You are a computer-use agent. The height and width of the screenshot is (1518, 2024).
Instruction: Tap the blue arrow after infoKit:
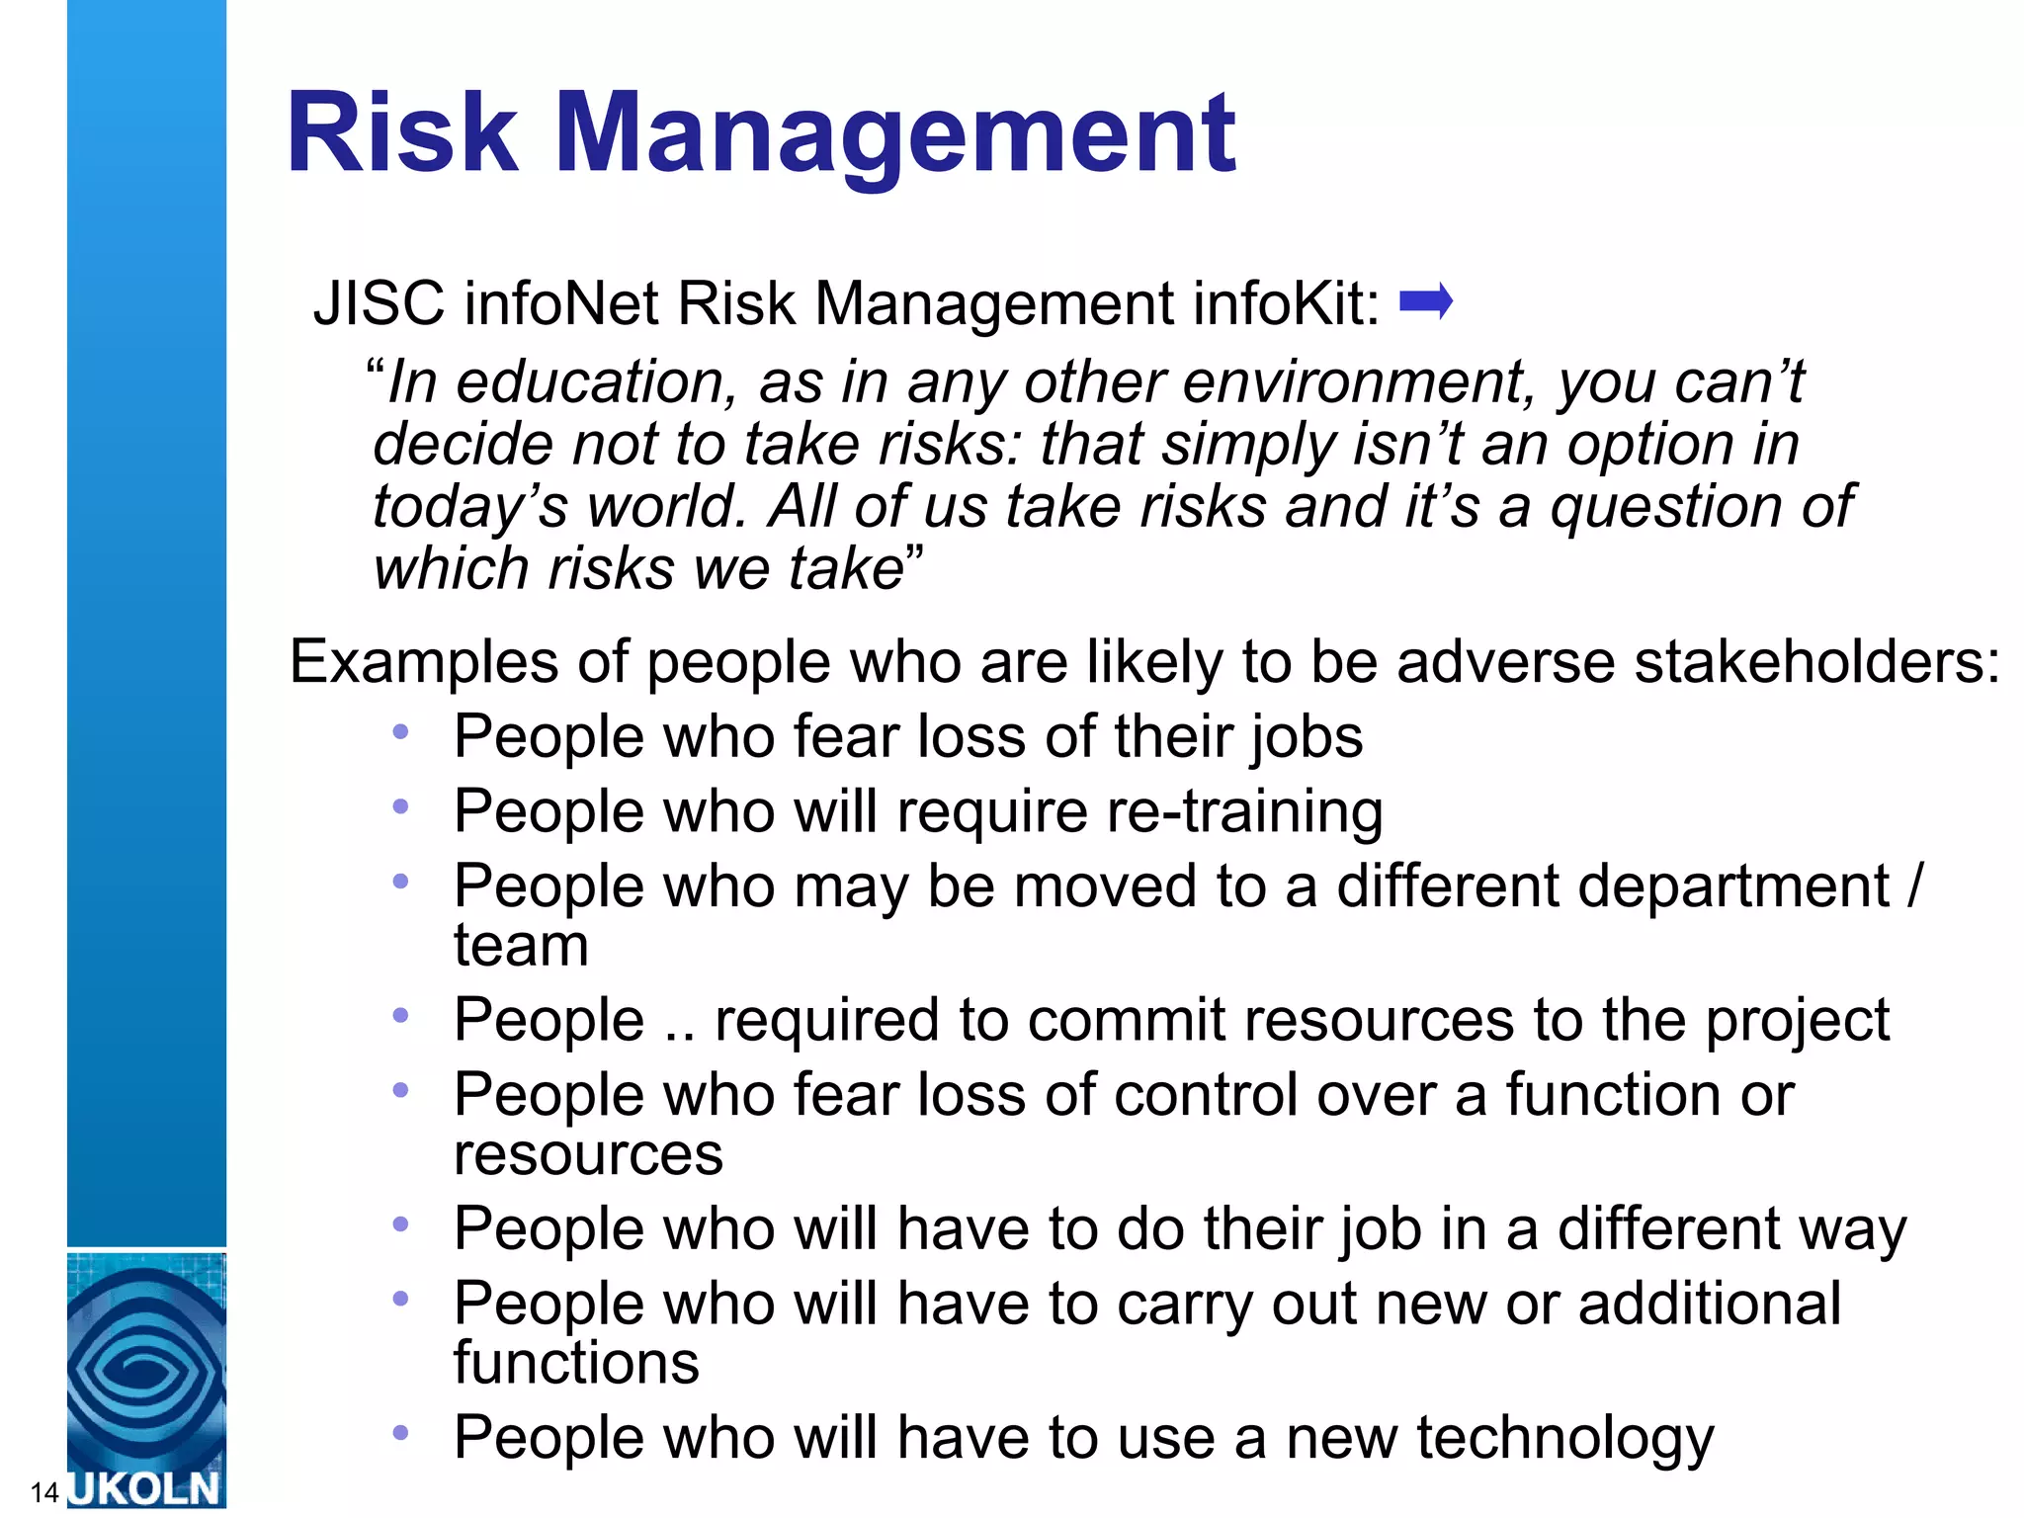pos(1426,301)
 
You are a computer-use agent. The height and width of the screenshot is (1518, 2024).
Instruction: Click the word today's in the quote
pos(470,508)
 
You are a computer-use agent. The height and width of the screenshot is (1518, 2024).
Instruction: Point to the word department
pos(1613,886)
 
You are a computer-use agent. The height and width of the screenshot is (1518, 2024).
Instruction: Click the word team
pos(521,946)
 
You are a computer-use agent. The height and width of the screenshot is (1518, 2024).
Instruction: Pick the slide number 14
pos(44,1492)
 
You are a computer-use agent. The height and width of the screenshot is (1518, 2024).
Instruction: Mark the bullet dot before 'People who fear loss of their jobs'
pos(400,732)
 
